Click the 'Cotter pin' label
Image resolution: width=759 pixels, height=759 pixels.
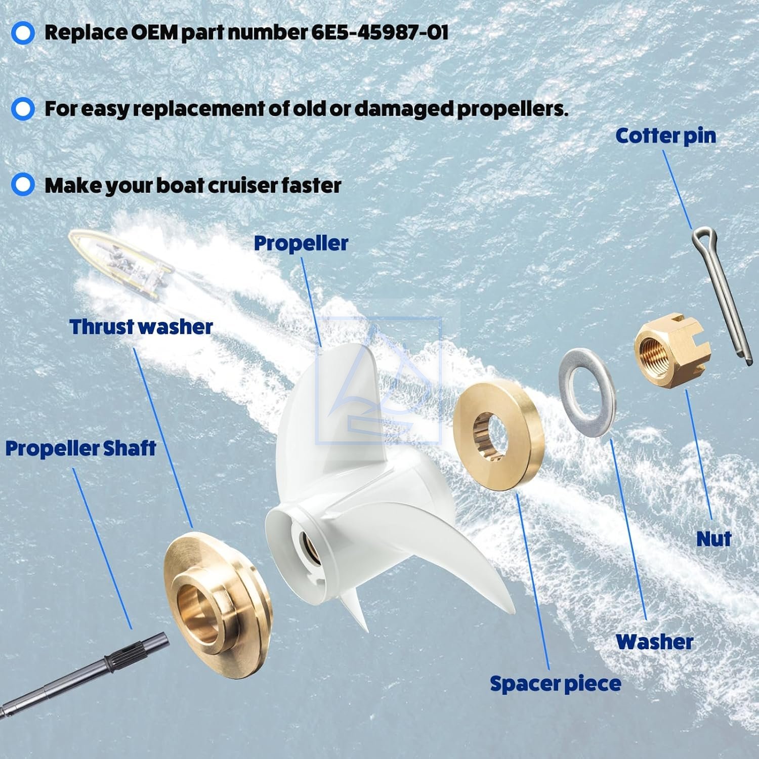click(665, 136)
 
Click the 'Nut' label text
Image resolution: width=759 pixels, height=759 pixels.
click(713, 539)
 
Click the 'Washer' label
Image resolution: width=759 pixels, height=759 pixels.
click(654, 642)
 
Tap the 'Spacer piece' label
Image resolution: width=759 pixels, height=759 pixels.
click(555, 684)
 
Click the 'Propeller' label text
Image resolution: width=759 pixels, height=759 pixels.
click(301, 243)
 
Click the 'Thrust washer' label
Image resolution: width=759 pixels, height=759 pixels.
click(141, 327)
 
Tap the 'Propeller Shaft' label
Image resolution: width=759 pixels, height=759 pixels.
click(80, 449)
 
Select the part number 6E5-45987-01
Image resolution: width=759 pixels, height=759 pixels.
click(379, 33)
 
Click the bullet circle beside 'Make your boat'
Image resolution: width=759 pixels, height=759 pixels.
click(23, 184)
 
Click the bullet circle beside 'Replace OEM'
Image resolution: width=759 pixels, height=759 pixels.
click(23, 33)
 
